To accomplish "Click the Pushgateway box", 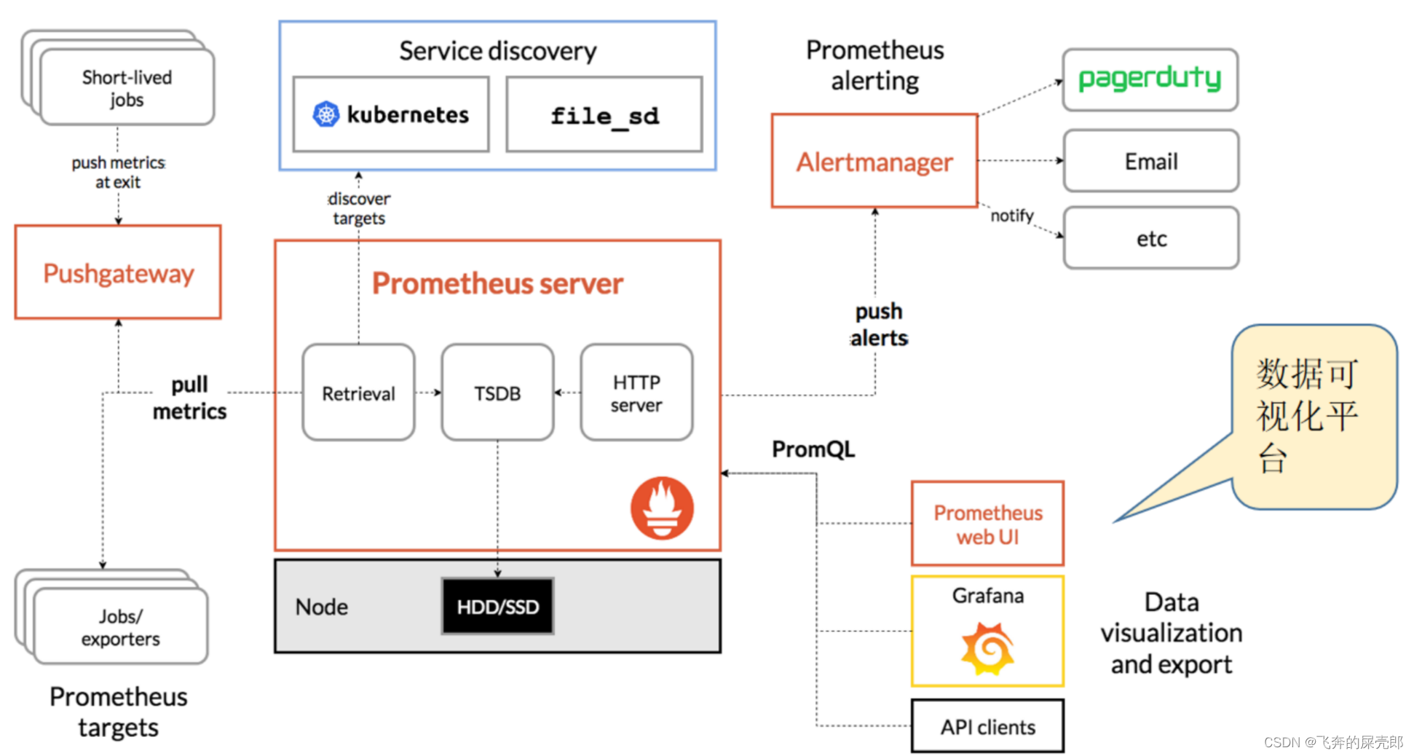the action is point(118,272).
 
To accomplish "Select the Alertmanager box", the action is point(874,161).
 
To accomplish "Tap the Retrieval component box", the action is point(358,393).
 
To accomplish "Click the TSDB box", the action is point(497,393).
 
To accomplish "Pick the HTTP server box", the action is point(636,393).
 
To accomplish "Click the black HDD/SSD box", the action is point(498,606).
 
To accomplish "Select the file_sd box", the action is point(604,114).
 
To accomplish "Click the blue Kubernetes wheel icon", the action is point(326,114).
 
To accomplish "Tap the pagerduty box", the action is point(1150,79).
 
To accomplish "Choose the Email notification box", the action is point(1151,161).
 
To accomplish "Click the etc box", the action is point(1151,238).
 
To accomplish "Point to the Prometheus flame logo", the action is point(662,508).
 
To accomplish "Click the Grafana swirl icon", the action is point(987,648).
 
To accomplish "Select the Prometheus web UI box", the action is point(987,524).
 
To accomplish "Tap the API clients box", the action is point(987,726).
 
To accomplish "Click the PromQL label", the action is point(813,449).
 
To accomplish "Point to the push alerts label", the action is point(879,324).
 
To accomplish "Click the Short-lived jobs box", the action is point(127,87).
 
